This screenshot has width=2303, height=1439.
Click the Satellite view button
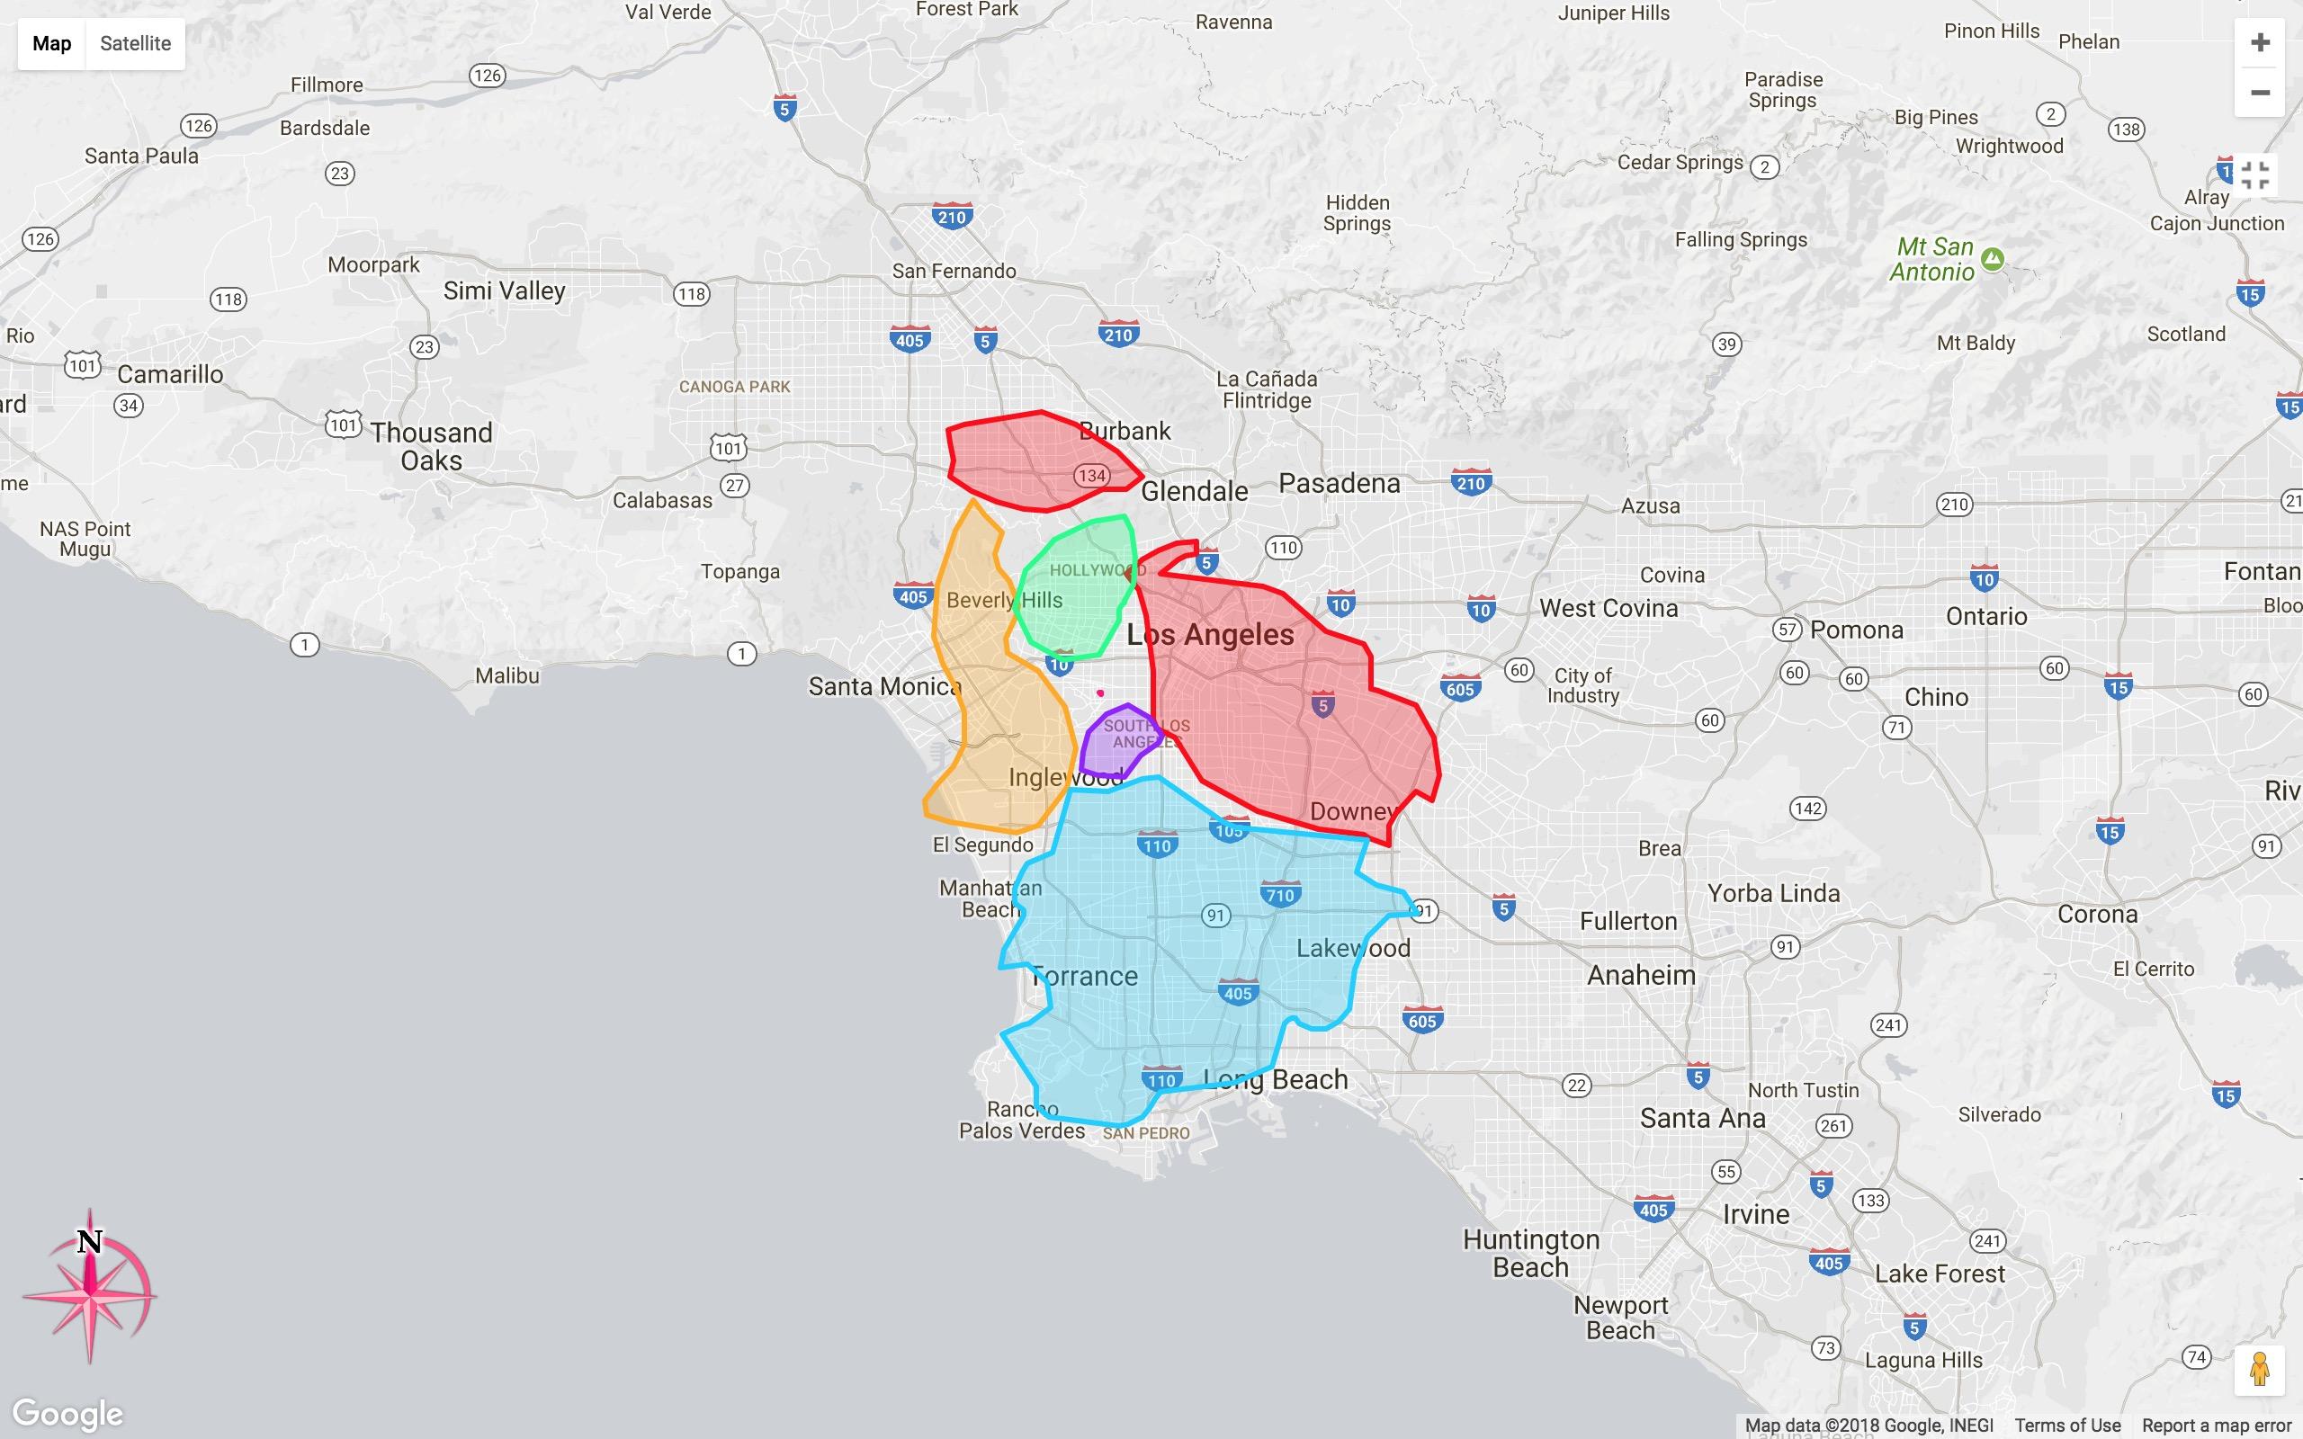pyautogui.click(x=135, y=44)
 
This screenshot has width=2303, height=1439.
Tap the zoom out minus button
pyautogui.click(x=2260, y=93)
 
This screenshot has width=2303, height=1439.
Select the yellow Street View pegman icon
pyautogui.click(x=2259, y=1371)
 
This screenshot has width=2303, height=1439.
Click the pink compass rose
pyautogui.click(x=90, y=1288)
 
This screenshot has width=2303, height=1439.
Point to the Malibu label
pyautogui.click(x=507, y=675)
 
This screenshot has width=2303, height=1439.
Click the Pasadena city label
pyautogui.click(x=1339, y=484)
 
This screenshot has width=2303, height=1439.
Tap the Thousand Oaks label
pyautogui.click(x=431, y=446)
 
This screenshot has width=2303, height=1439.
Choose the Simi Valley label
pyautogui.click(x=505, y=290)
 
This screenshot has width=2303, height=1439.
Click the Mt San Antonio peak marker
pyautogui.click(x=1992, y=258)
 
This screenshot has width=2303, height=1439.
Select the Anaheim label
pyautogui.click(x=1642, y=975)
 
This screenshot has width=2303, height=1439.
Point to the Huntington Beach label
pyautogui.click(x=1530, y=1254)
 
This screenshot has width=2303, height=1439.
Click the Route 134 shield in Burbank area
pyautogui.click(x=1091, y=475)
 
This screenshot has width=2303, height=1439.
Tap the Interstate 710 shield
pyautogui.click(x=1280, y=895)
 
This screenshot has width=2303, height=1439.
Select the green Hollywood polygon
pyautogui.click(x=1075, y=590)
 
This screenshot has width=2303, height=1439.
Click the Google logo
pyautogui.click(x=67, y=1414)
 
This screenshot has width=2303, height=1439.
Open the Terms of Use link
pyautogui.click(x=2067, y=1426)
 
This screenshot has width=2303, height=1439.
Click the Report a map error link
pyautogui.click(x=2217, y=1426)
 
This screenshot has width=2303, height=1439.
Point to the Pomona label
pyautogui.click(x=1857, y=630)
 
